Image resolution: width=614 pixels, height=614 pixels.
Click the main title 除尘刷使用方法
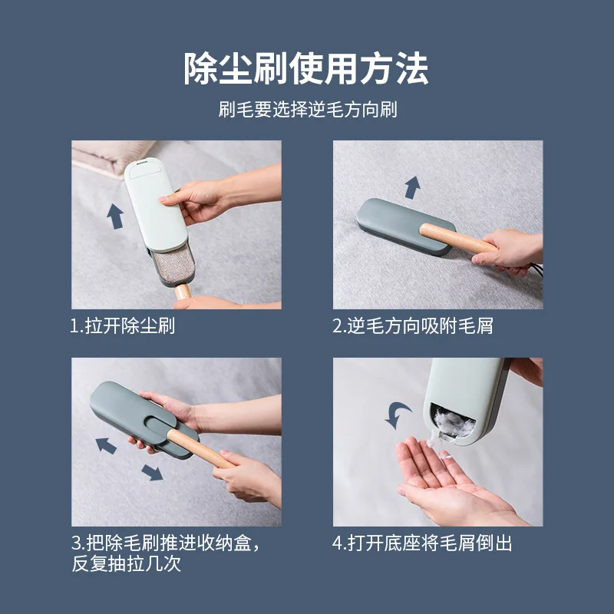pos(306,68)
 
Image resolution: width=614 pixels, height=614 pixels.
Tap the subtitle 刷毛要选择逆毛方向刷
pos(308,109)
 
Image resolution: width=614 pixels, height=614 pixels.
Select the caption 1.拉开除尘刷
pos(123,325)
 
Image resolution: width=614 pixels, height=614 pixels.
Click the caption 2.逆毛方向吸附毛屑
pos(413,325)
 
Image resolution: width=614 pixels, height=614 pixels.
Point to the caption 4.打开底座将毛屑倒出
pos(422,543)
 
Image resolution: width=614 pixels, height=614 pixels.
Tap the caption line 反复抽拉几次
pos(127,564)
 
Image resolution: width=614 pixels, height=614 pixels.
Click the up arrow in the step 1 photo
pos(115,216)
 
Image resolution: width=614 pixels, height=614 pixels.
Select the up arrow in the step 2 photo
pos(412,187)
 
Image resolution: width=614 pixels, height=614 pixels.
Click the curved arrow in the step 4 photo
pos(396,414)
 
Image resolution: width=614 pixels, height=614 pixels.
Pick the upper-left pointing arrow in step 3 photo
pos(106,446)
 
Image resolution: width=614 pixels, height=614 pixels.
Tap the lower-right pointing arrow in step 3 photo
pos(152,473)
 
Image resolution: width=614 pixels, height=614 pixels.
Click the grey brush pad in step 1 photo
pos(173,263)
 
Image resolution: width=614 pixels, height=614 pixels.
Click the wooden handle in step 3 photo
pos(200,448)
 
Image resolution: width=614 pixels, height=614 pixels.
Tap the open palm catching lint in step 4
pos(451,482)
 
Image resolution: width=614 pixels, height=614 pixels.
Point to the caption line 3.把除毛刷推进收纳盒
pos(166,543)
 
